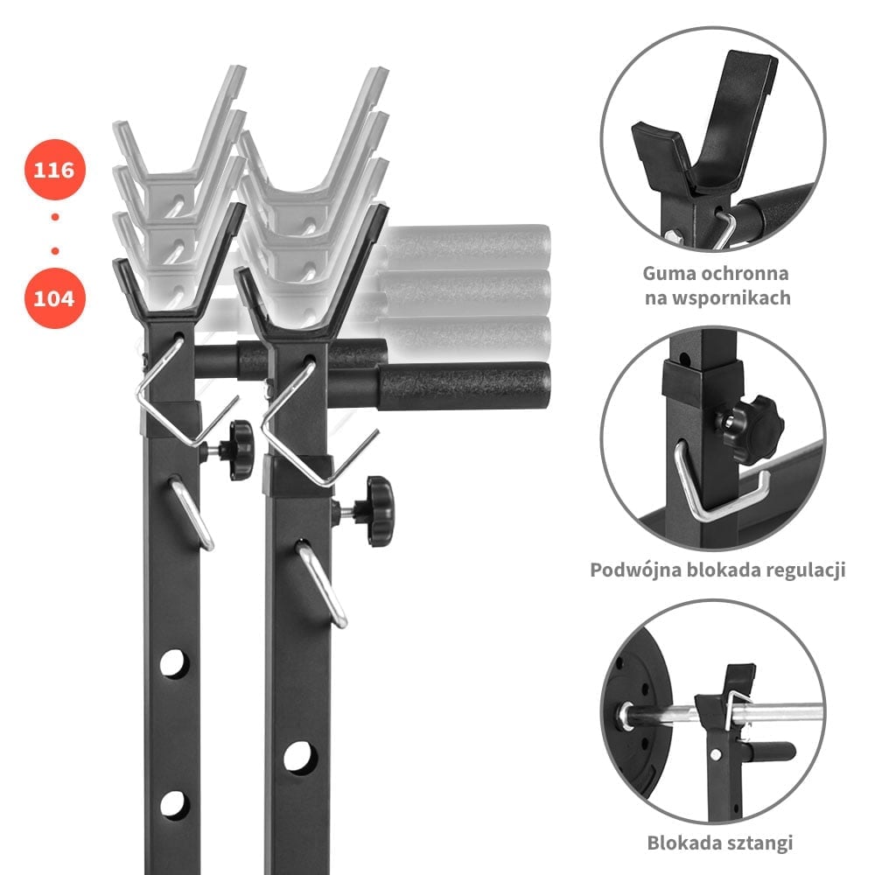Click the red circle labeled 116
point(54,169)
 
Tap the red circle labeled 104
point(54,298)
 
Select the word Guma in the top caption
point(668,273)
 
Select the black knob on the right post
point(375,511)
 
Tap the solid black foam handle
point(463,386)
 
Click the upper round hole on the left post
point(173,663)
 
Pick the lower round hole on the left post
point(173,805)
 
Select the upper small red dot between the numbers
point(54,217)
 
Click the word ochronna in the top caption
point(745,273)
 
